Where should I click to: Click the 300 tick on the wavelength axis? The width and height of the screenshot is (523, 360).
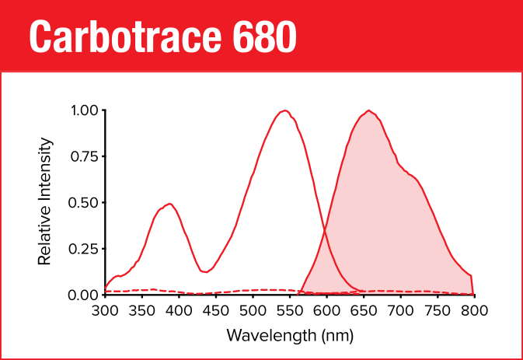pyautogui.click(x=106, y=311)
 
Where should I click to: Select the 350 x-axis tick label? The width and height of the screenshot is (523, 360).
pyautogui.click(x=142, y=311)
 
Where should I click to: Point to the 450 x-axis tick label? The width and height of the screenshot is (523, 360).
pyautogui.click(x=216, y=311)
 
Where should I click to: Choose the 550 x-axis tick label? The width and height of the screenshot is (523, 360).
pyautogui.click(x=290, y=311)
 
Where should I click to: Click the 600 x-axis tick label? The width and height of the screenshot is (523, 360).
pyautogui.click(x=326, y=311)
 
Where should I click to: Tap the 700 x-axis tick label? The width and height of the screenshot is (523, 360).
pyautogui.click(x=400, y=311)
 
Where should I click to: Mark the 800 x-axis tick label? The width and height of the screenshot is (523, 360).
pyautogui.click(x=473, y=311)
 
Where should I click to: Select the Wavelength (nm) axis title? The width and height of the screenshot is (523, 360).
pyautogui.click(x=290, y=336)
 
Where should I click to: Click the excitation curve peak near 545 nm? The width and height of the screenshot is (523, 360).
pyautogui.click(x=285, y=110)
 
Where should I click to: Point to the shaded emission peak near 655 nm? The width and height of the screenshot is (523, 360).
pyautogui.click(x=368, y=110)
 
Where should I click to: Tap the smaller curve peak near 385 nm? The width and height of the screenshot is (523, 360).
pyautogui.click(x=169, y=204)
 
